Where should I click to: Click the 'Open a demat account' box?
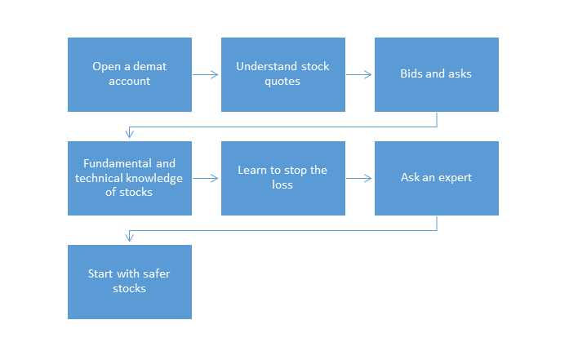[x=130, y=74]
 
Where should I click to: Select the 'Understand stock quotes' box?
[x=283, y=74]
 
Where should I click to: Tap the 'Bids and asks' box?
[x=437, y=74]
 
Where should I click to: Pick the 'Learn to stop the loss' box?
[x=283, y=178]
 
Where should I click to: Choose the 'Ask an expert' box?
[x=437, y=178]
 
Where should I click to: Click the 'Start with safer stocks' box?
[x=130, y=282]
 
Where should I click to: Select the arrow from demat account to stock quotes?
[x=206, y=75]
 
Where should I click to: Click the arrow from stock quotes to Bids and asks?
[x=358, y=75]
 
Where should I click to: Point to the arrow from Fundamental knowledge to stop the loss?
[x=206, y=178]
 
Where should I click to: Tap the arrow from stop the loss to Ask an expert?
[x=358, y=178]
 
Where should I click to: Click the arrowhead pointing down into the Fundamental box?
[x=129, y=132]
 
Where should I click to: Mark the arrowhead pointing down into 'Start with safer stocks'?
[x=129, y=236]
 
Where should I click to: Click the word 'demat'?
[x=150, y=66]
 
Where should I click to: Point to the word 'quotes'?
[x=282, y=82]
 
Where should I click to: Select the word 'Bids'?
[x=411, y=73]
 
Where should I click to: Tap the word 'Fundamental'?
[x=112, y=163]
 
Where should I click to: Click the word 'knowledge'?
[x=155, y=178]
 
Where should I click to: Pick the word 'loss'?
[x=282, y=184]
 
